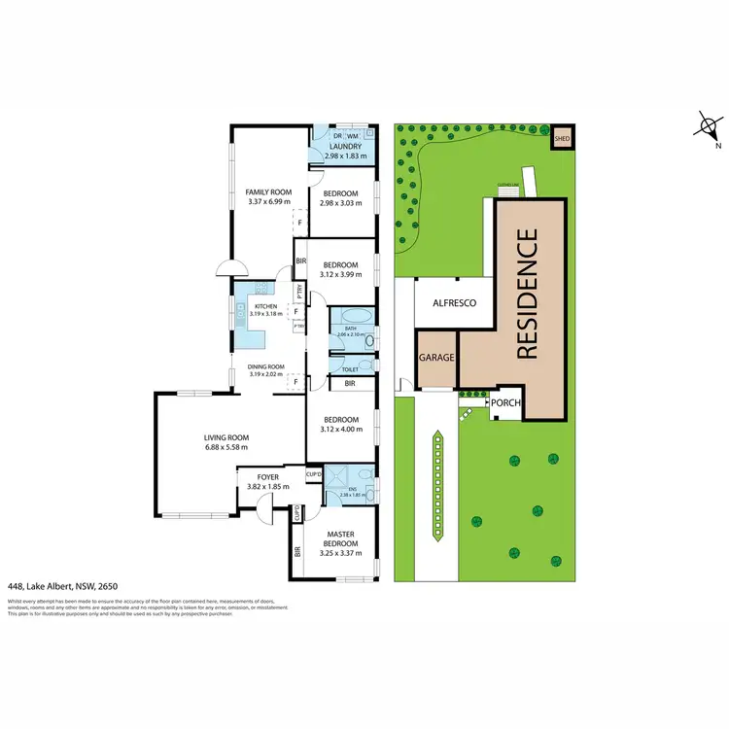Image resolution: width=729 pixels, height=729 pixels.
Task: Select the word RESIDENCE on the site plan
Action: [x=527, y=294]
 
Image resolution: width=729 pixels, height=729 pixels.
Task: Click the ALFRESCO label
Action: [x=453, y=303]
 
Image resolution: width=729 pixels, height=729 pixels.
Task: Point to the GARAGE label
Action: [x=436, y=358]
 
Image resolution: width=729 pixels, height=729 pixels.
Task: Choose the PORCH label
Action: [x=505, y=402]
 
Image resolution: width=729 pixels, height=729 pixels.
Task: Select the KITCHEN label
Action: [x=265, y=306]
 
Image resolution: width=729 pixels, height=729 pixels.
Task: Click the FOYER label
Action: [x=262, y=477]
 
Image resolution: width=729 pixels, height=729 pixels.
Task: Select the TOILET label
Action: [x=351, y=369]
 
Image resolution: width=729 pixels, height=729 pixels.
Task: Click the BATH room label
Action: [x=351, y=329]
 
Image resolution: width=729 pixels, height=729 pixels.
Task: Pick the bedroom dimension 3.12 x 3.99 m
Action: [x=340, y=276]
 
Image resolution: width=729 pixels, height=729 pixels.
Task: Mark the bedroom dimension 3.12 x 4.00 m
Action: [x=340, y=432]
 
